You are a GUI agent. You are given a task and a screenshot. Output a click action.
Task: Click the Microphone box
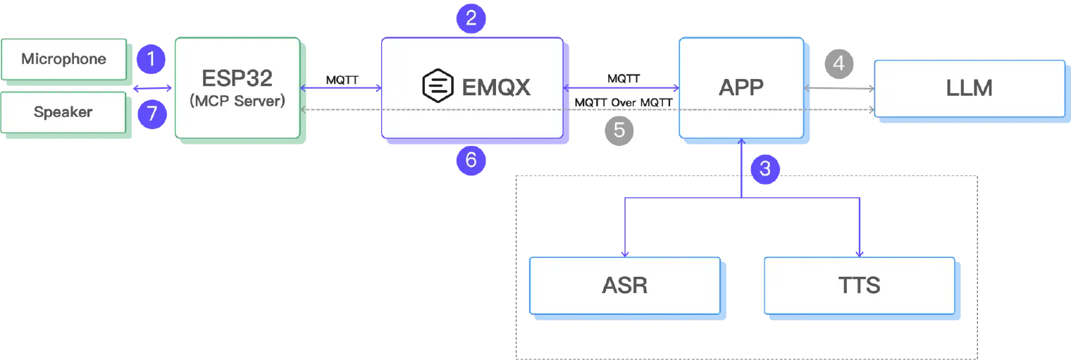click(x=63, y=59)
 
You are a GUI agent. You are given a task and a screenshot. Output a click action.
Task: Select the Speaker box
click(x=63, y=112)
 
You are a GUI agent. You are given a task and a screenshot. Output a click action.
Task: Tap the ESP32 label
click(x=237, y=77)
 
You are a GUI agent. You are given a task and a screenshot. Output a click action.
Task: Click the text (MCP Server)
click(x=237, y=101)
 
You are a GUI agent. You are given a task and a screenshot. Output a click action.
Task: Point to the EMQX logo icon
click(x=437, y=87)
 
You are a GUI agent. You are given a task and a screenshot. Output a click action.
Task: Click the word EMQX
click(x=496, y=87)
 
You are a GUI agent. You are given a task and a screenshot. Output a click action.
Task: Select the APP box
click(x=741, y=87)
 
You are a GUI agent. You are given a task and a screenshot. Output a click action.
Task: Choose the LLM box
click(x=969, y=88)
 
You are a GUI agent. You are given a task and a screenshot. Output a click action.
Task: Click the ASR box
click(x=624, y=285)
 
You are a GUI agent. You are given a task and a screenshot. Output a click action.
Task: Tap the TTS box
click(x=859, y=285)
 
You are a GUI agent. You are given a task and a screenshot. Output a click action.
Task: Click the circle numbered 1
click(x=151, y=60)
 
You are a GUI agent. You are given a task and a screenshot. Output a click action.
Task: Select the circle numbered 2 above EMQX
click(x=471, y=18)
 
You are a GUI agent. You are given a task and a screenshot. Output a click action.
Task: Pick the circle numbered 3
click(x=764, y=168)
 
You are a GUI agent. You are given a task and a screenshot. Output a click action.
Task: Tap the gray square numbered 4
click(x=838, y=63)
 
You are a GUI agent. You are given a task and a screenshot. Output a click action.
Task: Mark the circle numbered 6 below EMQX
click(x=471, y=161)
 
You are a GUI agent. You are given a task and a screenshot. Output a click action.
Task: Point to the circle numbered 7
click(x=151, y=113)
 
